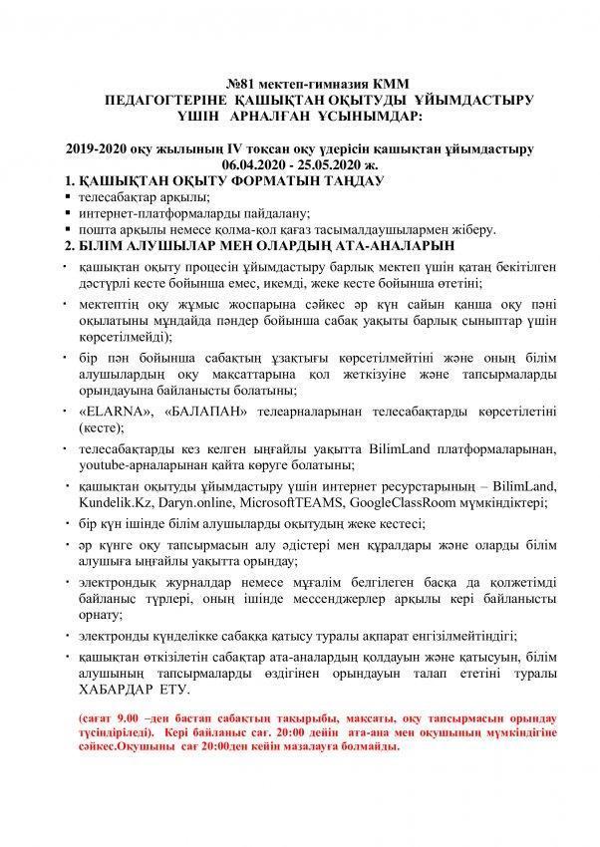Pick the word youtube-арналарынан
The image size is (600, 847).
[142, 464]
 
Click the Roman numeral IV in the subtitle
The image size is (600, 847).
[206, 148]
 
